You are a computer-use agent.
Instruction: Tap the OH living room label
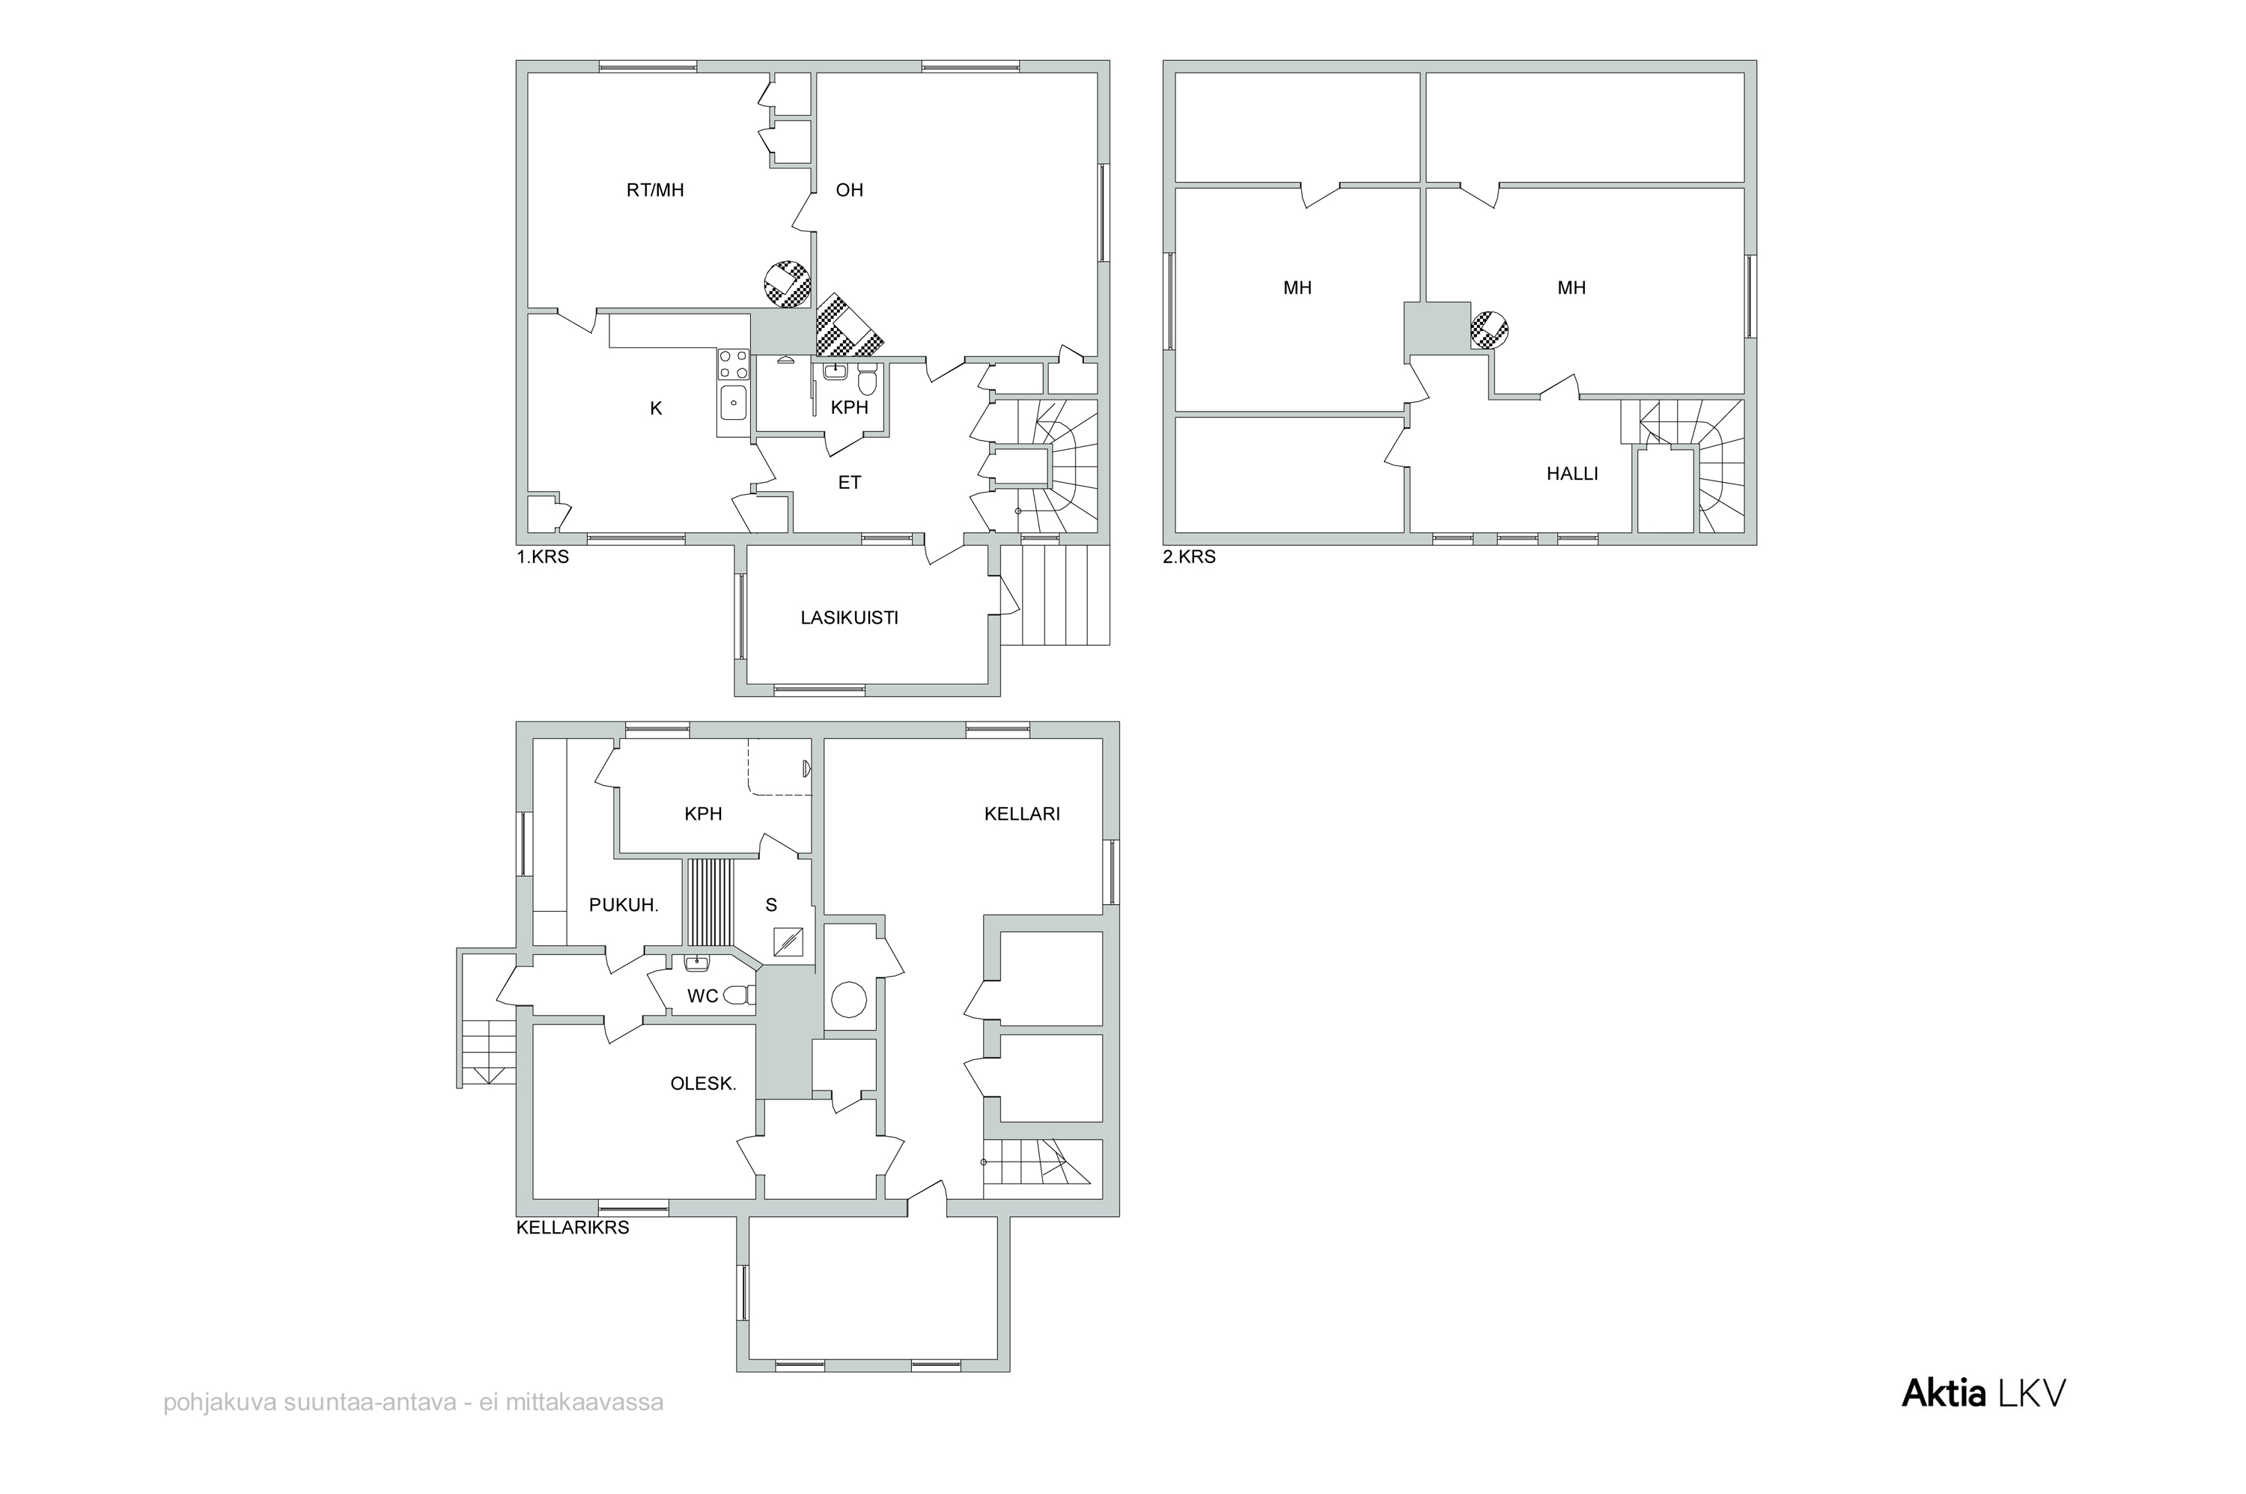pos(849,189)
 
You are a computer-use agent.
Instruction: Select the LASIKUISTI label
pos(849,618)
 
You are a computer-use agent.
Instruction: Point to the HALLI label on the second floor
pos(1571,474)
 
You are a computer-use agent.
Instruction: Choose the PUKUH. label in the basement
pos(623,905)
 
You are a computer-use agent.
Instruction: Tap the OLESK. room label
pos(703,1083)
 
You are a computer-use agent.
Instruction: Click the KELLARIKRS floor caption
pos(573,1228)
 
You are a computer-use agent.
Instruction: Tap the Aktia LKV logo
pos(1983,1393)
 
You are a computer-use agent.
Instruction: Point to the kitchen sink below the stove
pos(733,403)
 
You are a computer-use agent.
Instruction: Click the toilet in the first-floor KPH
pos(866,380)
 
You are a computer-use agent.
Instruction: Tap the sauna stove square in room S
pos(788,942)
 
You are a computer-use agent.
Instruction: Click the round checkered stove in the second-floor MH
pos(1488,329)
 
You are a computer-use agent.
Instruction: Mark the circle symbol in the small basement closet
pos(848,1001)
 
